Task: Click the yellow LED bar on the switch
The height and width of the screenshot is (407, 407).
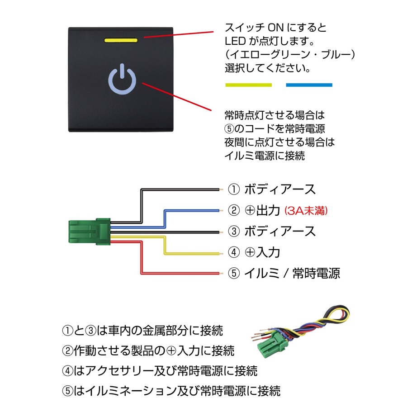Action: click(x=121, y=40)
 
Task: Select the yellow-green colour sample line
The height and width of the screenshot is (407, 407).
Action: click(x=248, y=85)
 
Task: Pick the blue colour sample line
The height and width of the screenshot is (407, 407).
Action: click(x=309, y=85)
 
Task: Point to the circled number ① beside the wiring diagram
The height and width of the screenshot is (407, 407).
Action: click(x=234, y=189)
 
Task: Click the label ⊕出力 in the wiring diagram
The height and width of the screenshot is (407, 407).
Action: click(x=262, y=210)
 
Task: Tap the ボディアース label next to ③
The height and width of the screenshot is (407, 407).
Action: click(x=279, y=231)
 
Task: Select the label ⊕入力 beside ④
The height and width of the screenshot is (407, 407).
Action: click(x=262, y=252)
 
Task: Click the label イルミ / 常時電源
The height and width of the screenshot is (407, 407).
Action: click(x=292, y=273)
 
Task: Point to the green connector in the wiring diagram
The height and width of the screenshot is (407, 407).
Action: click(x=89, y=231)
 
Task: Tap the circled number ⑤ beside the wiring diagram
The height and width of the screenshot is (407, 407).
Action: click(x=234, y=273)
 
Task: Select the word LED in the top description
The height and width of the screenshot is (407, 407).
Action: click(x=235, y=42)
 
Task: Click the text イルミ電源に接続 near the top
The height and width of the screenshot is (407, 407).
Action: click(x=265, y=155)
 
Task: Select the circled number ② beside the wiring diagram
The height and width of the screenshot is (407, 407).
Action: click(x=234, y=210)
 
